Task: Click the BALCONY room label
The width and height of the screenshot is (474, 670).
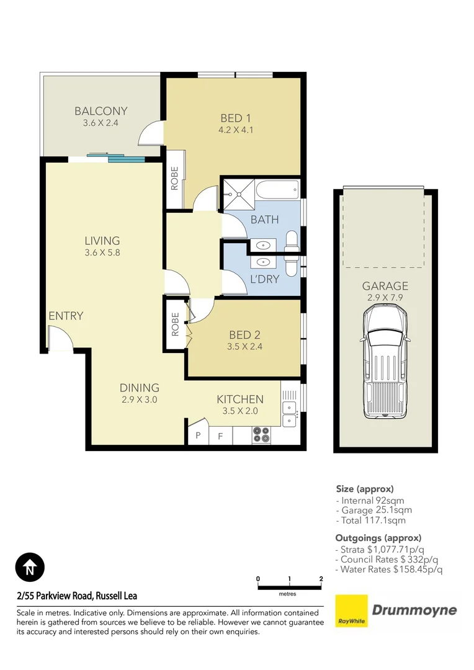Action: coord(101,111)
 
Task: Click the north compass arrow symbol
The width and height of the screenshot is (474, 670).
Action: coord(30,567)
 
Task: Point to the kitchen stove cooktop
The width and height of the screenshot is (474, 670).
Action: coord(261,434)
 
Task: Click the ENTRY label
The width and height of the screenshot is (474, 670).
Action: coord(66,316)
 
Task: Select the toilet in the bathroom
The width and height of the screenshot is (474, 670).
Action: coord(291,244)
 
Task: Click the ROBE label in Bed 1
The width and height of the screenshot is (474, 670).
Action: coord(174,179)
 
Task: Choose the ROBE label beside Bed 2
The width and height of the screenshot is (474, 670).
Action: coord(175,323)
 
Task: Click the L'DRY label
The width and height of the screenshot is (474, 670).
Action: coord(265,279)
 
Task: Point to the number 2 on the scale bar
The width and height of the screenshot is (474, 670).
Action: coord(321,579)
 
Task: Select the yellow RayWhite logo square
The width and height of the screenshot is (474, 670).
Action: coord(351,611)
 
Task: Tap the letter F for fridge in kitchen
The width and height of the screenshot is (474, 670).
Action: coord(220,436)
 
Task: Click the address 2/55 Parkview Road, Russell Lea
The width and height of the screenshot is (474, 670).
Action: coord(77,596)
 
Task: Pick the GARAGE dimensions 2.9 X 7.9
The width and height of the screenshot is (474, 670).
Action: coord(385,298)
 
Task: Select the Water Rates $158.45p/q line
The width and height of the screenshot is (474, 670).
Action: coord(389,569)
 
